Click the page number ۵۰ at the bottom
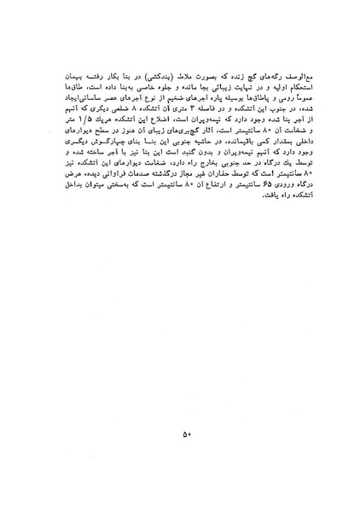click(x=186, y=434)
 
